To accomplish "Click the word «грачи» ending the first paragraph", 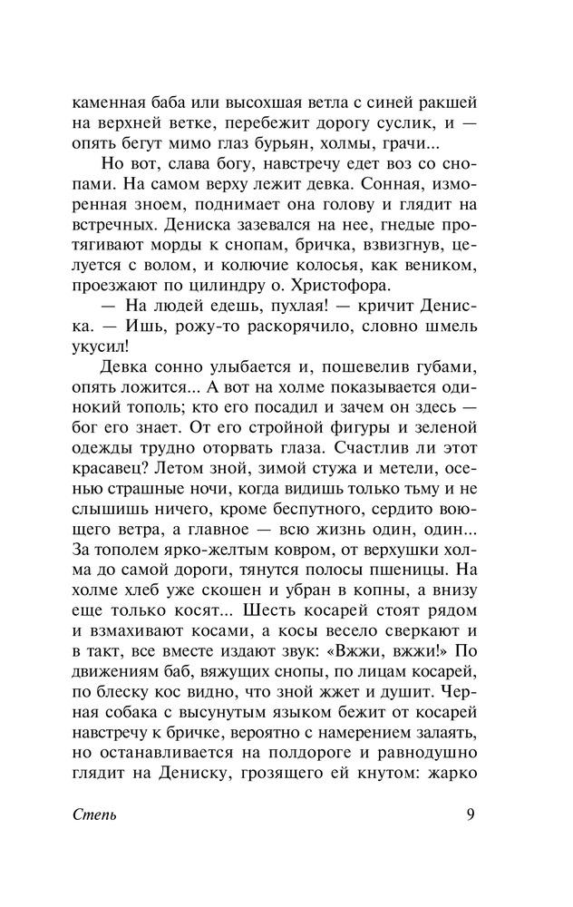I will [x=408, y=147].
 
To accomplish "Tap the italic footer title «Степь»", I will [x=94, y=814].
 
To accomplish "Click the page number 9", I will [x=471, y=813].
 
